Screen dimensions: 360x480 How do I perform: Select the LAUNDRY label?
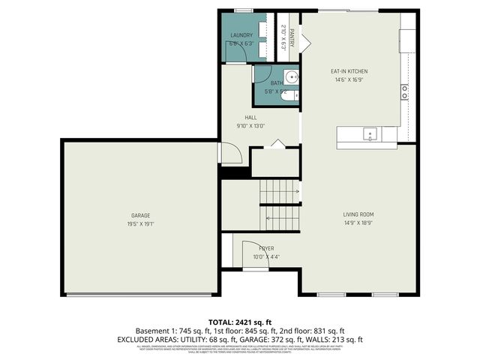[x=241, y=35]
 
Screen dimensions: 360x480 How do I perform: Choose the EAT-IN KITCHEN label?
[x=349, y=71]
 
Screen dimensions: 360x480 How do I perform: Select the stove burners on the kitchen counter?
[x=404, y=92]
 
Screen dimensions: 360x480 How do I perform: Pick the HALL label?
[x=251, y=118]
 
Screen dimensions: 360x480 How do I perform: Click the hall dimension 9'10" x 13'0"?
[x=251, y=126]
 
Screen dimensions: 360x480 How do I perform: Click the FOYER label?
[x=266, y=247]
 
